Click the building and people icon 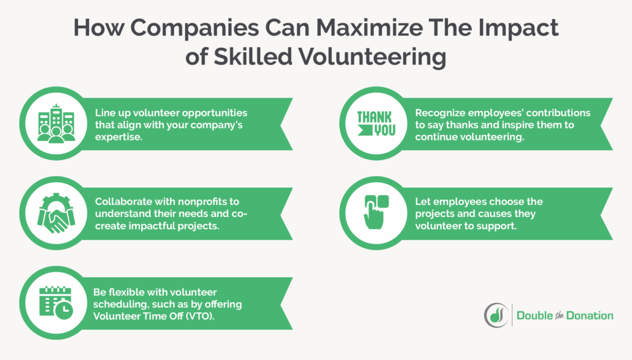[56, 123]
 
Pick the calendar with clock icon [56, 302]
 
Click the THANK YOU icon [376, 123]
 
